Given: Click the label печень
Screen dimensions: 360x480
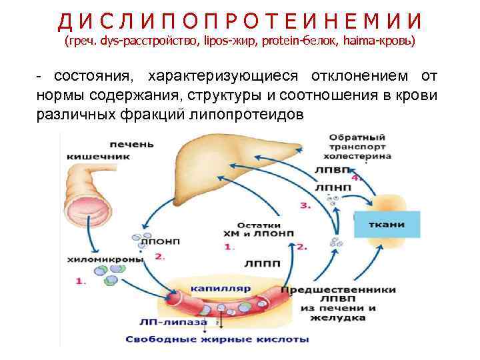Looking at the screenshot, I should click(x=133, y=144).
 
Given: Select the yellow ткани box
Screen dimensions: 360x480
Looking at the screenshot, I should click(x=386, y=224).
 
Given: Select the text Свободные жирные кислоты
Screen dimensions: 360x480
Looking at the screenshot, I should click(x=217, y=339).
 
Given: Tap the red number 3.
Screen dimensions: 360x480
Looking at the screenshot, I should click(x=305, y=206).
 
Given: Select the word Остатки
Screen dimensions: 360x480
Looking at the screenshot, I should click(x=255, y=224).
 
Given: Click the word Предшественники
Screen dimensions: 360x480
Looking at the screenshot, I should click(x=338, y=290).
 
